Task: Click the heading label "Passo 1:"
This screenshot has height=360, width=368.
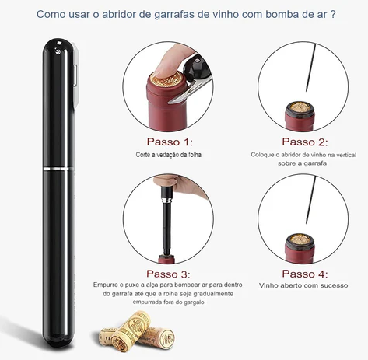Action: point(170,142)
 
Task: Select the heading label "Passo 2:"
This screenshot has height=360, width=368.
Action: point(305,142)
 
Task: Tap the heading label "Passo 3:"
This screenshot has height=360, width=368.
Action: point(168,274)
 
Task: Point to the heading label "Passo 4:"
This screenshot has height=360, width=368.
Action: point(305,274)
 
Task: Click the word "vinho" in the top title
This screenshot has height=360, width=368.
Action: point(226,14)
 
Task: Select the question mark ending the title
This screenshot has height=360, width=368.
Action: point(333,14)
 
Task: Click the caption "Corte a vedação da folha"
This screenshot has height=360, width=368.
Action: point(169,155)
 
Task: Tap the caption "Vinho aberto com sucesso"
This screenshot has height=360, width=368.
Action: point(303,285)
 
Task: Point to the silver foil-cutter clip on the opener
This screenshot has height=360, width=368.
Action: point(75,76)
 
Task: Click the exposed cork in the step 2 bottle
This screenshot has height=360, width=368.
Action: point(300,107)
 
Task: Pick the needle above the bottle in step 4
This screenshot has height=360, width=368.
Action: point(310,200)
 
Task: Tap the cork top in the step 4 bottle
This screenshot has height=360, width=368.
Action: point(300,239)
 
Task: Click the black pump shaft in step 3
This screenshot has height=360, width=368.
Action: point(166,228)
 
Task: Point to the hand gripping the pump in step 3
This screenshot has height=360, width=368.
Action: point(179,184)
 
